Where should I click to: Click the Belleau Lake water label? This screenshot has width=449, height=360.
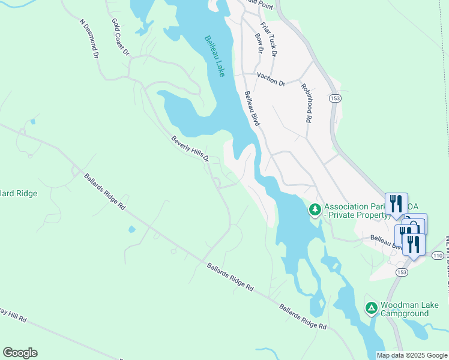point(215,56)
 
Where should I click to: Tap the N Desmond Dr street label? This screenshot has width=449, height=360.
point(88,37)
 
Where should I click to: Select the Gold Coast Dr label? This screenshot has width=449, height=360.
point(120,37)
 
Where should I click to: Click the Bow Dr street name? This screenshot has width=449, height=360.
point(259,43)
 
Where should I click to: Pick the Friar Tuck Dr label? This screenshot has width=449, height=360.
point(268,39)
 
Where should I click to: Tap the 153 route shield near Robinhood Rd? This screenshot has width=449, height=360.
point(334,97)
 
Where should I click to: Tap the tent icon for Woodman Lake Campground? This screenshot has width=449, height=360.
point(371,308)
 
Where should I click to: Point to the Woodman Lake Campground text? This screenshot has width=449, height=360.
point(411,309)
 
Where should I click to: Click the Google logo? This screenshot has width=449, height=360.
point(20,353)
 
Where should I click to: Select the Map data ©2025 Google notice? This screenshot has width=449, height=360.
point(411,355)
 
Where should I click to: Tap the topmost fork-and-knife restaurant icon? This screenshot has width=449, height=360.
point(396,203)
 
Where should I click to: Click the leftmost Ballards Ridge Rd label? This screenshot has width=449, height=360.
point(104,192)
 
